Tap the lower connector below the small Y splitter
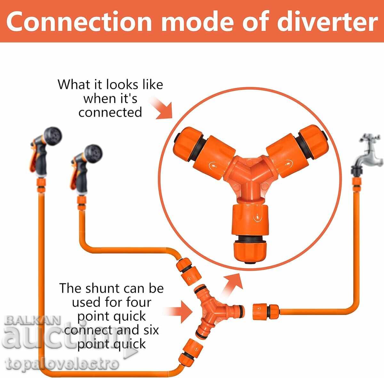[x=191, y=352]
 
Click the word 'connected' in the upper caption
[x=110, y=112]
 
